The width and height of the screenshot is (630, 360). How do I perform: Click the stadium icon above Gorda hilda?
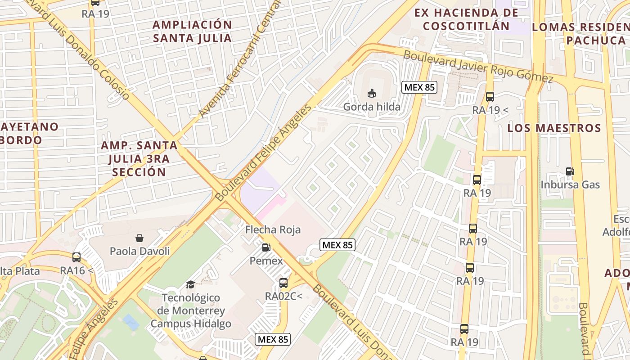point(372,93)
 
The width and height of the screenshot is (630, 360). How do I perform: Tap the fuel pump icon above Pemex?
point(266,247)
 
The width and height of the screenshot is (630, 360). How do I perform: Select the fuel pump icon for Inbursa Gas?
point(570,171)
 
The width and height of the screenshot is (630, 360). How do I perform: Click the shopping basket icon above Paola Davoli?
point(139,238)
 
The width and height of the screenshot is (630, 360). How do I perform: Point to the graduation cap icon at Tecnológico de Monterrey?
point(191,284)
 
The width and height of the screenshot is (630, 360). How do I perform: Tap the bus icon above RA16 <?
point(76,257)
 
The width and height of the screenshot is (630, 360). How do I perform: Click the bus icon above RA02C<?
point(283,283)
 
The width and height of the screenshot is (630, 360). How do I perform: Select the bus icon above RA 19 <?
point(490,96)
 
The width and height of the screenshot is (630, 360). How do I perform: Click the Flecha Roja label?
point(273,229)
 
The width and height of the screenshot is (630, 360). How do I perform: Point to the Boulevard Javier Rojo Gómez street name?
point(478,67)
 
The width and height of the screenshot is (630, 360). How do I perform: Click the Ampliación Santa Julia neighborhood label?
point(192,31)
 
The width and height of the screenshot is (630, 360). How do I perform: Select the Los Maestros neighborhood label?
point(554,128)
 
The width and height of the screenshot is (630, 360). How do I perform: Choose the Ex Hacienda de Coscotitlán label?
point(466,19)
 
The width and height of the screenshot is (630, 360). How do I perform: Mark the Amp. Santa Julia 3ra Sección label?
point(139,158)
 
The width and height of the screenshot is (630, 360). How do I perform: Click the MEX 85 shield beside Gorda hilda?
point(419,87)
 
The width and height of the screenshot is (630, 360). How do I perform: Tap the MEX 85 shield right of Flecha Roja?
point(337,245)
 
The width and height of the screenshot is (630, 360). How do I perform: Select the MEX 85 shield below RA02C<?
point(273,339)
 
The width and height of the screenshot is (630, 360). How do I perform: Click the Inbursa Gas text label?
point(570,184)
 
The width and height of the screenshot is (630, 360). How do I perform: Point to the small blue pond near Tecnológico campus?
point(130,322)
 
